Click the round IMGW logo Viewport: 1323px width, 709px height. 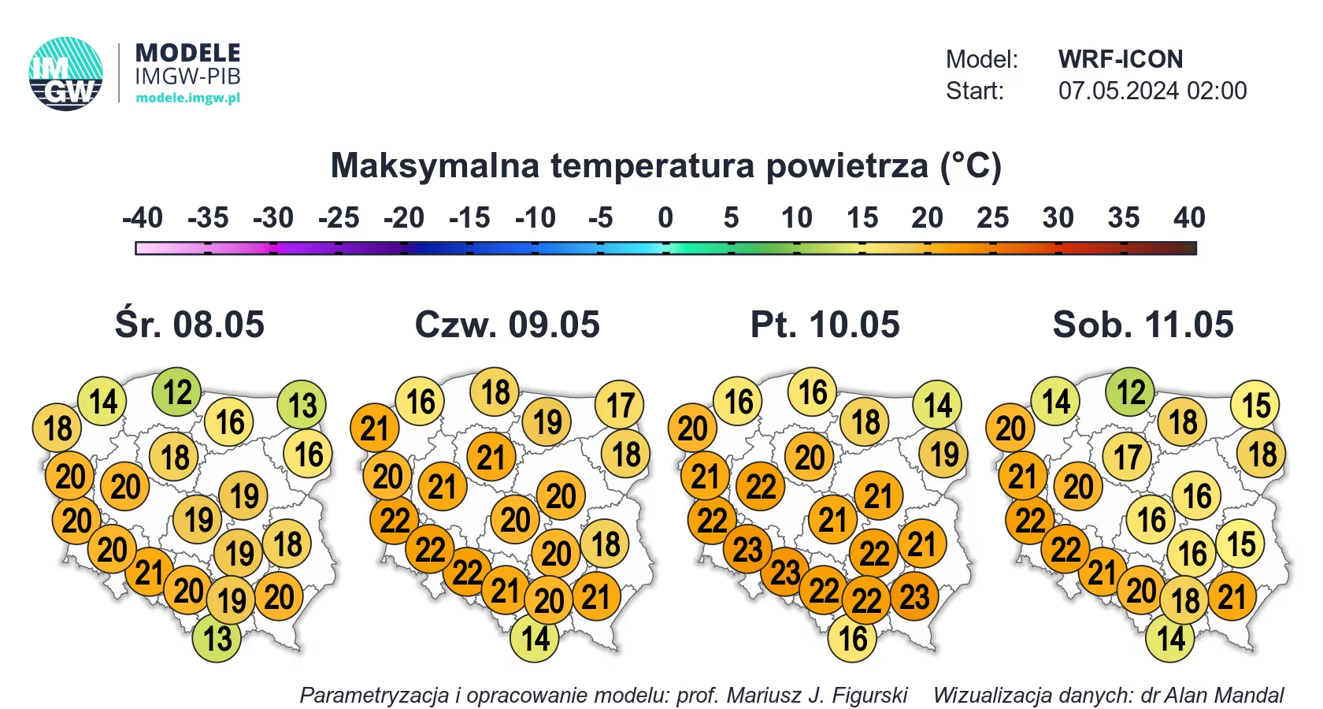pyautogui.click(x=65, y=74)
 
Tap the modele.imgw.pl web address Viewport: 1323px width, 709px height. pyautogui.click(x=187, y=98)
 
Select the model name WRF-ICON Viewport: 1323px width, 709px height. pyautogui.click(x=1121, y=59)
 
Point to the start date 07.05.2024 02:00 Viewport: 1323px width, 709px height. pyautogui.click(x=1152, y=91)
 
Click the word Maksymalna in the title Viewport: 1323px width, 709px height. pyautogui.click(x=435, y=165)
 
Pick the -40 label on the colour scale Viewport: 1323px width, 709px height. pyautogui.click(x=143, y=217)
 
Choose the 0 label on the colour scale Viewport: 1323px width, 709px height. pyautogui.click(x=665, y=217)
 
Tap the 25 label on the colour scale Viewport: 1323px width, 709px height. pyautogui.click(x=992, y=217)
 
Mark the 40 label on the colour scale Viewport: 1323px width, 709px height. pyautogui.click(x=1189, y=217)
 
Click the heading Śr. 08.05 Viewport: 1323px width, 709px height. pyautogui.click(x=190, y=324)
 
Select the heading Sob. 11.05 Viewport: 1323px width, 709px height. pyautogui.click(x=1143, y=324)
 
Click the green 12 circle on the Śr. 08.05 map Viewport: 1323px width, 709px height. pyautogui.click(x=176, y=392)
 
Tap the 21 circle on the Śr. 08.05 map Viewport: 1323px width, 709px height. pyautogui.click(x=149, y=572)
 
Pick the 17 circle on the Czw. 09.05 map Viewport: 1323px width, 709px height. pyautogui.click(x=621, y=405)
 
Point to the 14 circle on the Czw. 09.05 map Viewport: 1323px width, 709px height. pyautogui.click(x=535, y=638)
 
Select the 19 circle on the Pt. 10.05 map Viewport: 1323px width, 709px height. pyautogui.click(x=943, y=454)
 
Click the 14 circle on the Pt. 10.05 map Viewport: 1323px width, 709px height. pyautogui.click(x=937, y=405)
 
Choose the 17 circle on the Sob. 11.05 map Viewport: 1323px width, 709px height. pyautogui.click(x=1127, y=457)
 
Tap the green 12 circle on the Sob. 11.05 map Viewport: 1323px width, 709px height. pyautogui.click(x=1131, y=392)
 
